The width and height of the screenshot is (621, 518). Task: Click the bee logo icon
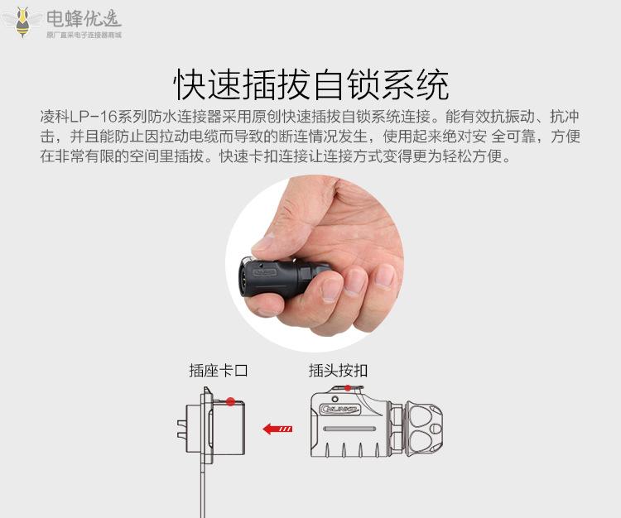(x=22, y=22)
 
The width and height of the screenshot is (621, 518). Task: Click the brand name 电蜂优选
(x=84, y=18)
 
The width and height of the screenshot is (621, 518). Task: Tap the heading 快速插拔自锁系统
(x=310, y=84)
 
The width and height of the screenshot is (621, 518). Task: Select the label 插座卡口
(x=219, y=371)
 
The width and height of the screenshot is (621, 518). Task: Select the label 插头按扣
(x=338, y=371)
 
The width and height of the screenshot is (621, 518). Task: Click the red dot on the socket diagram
(x=230, y=402)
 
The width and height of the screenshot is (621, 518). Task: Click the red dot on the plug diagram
(x=347, y=388)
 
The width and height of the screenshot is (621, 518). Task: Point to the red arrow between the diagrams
(x=277, y=429)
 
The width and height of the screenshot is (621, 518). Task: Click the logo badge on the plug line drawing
(x=340, y=409)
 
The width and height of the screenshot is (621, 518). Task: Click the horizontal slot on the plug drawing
(x=349, y=429)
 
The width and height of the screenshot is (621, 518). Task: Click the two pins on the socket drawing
(x=181, y=429)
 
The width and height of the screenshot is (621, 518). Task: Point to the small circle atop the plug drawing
(x=335, y=399)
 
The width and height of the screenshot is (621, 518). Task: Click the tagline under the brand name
(x=84, y=35)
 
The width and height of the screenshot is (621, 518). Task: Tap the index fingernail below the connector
(x=331, y=288)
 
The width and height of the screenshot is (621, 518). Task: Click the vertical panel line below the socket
(x=203, y=491)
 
